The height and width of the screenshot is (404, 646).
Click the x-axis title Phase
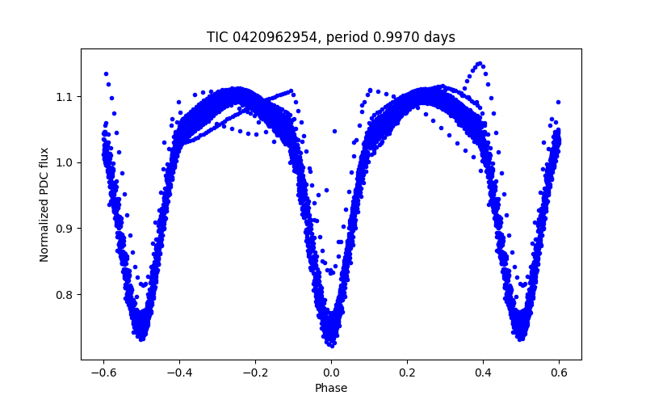click(x=331, y=389)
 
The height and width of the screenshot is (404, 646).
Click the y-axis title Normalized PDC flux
click(x=45, y=204)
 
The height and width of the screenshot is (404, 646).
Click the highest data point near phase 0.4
click(x=479, y=63)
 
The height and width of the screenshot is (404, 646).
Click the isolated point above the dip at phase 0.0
click(x=334, y=130)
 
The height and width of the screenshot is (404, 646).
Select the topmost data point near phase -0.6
click(x=106, y=74)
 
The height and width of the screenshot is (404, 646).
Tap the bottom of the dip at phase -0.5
click(x=141, y=338)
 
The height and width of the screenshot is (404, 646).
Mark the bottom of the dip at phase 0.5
click(x=521, y=338)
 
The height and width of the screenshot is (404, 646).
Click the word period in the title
click(x=361, y=37)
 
